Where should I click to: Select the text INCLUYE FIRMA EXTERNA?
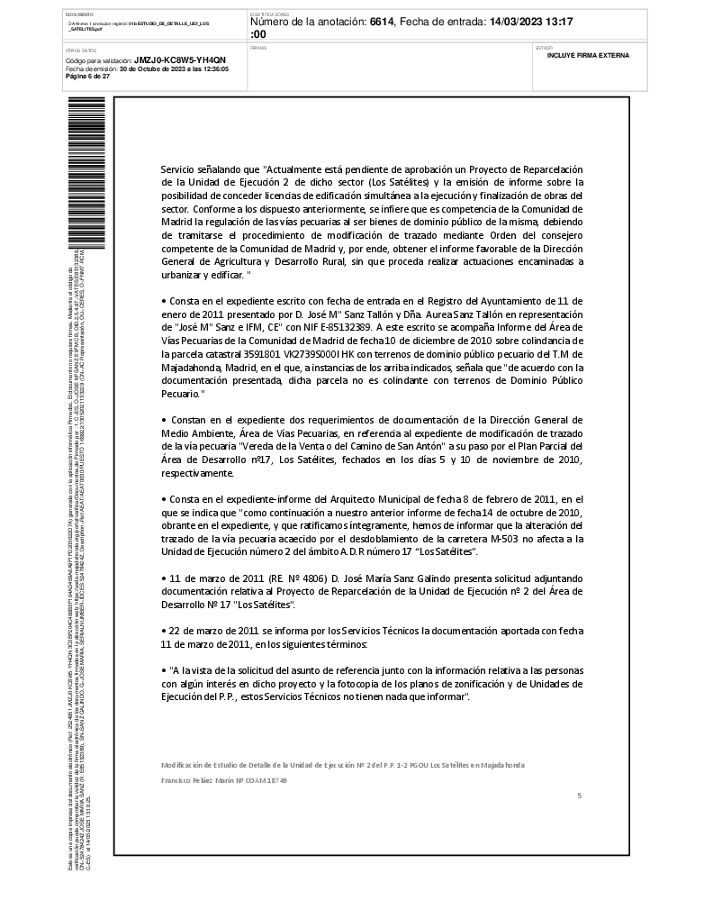[x=588, y=56]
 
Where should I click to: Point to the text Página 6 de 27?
[x=88, y=77]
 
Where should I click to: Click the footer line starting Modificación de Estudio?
[x=342, y=765]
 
